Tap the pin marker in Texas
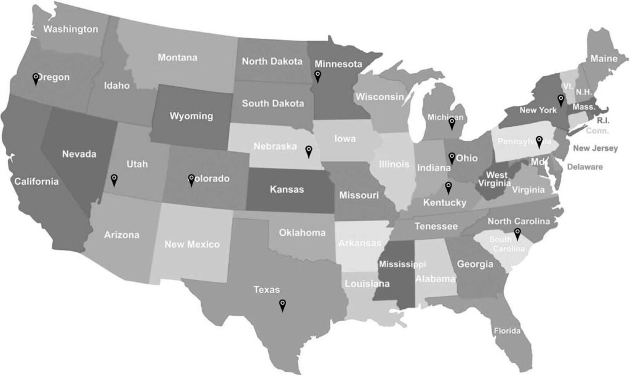pos(282,304)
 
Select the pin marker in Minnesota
pos(317,76)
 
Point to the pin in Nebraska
pos(309,150)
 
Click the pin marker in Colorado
pos(191,179)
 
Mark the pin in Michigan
pos(452,124)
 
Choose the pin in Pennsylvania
pos(539,142)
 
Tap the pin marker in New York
pos(560,100)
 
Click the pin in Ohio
pos(452,158)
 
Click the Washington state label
pos(71,29)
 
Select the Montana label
pos(178,58)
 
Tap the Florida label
pos(507,331)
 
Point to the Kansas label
pos(287,190)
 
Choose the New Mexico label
pos(192,244)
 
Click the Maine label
pos(604,58)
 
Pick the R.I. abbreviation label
pos(603,121)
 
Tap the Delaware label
pos(585,167)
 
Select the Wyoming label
pos(191,116)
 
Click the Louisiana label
pos(367,284)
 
